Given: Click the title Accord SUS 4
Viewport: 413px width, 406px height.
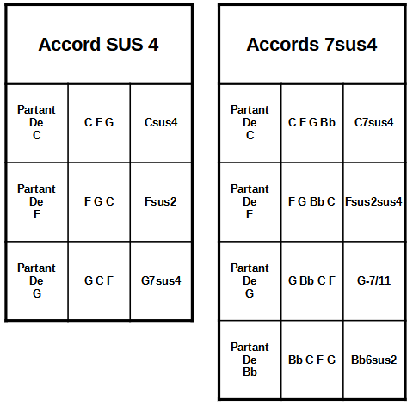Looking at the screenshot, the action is pos(98,45).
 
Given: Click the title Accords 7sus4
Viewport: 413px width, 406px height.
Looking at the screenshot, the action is pos(311,45).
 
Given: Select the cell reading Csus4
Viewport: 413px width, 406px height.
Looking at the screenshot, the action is pos(161,122).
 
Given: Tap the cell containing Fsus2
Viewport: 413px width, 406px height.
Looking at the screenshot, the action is pos(161,201).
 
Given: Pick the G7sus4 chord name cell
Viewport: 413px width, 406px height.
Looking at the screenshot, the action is pos(161,280).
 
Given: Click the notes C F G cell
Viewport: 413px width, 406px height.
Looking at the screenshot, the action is pos(99,122).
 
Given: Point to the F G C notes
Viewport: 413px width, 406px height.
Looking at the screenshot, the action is pos(99,201).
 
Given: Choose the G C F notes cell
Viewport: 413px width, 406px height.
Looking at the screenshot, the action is pos(99,280).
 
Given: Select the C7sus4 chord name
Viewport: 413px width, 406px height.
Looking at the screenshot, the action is pos(374,122).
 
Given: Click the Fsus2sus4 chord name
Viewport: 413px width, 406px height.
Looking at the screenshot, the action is pos(373,201).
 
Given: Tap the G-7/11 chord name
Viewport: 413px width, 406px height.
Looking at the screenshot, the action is pos(374,280).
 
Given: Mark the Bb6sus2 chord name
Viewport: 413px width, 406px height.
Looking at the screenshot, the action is pos(374,360).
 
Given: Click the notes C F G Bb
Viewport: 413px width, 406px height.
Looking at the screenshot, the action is pos(311,122).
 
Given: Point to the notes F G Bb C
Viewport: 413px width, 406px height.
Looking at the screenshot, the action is pos(311,201).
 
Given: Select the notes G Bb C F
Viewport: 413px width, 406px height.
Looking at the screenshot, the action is pos(311,280).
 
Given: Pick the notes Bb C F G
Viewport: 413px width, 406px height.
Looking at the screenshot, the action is pos(311,360).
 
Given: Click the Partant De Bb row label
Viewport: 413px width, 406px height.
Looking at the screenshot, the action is pos(250,360).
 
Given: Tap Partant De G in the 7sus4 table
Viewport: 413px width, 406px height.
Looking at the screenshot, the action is pos(250,280).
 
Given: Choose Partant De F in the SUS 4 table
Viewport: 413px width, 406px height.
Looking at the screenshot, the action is pos(36,201).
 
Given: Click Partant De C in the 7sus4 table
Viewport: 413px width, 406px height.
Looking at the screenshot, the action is pos(250,122).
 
